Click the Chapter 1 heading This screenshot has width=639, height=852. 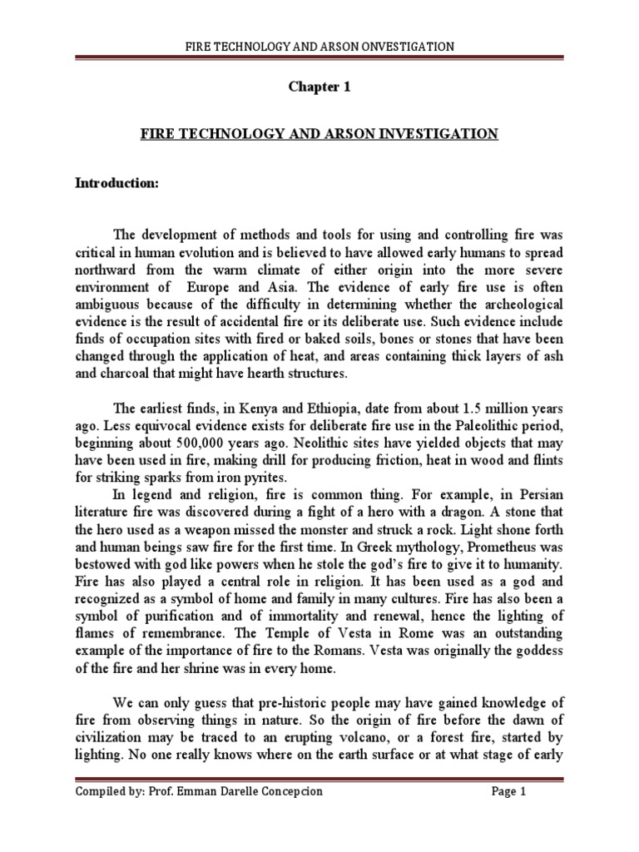(x=319, y=88)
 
